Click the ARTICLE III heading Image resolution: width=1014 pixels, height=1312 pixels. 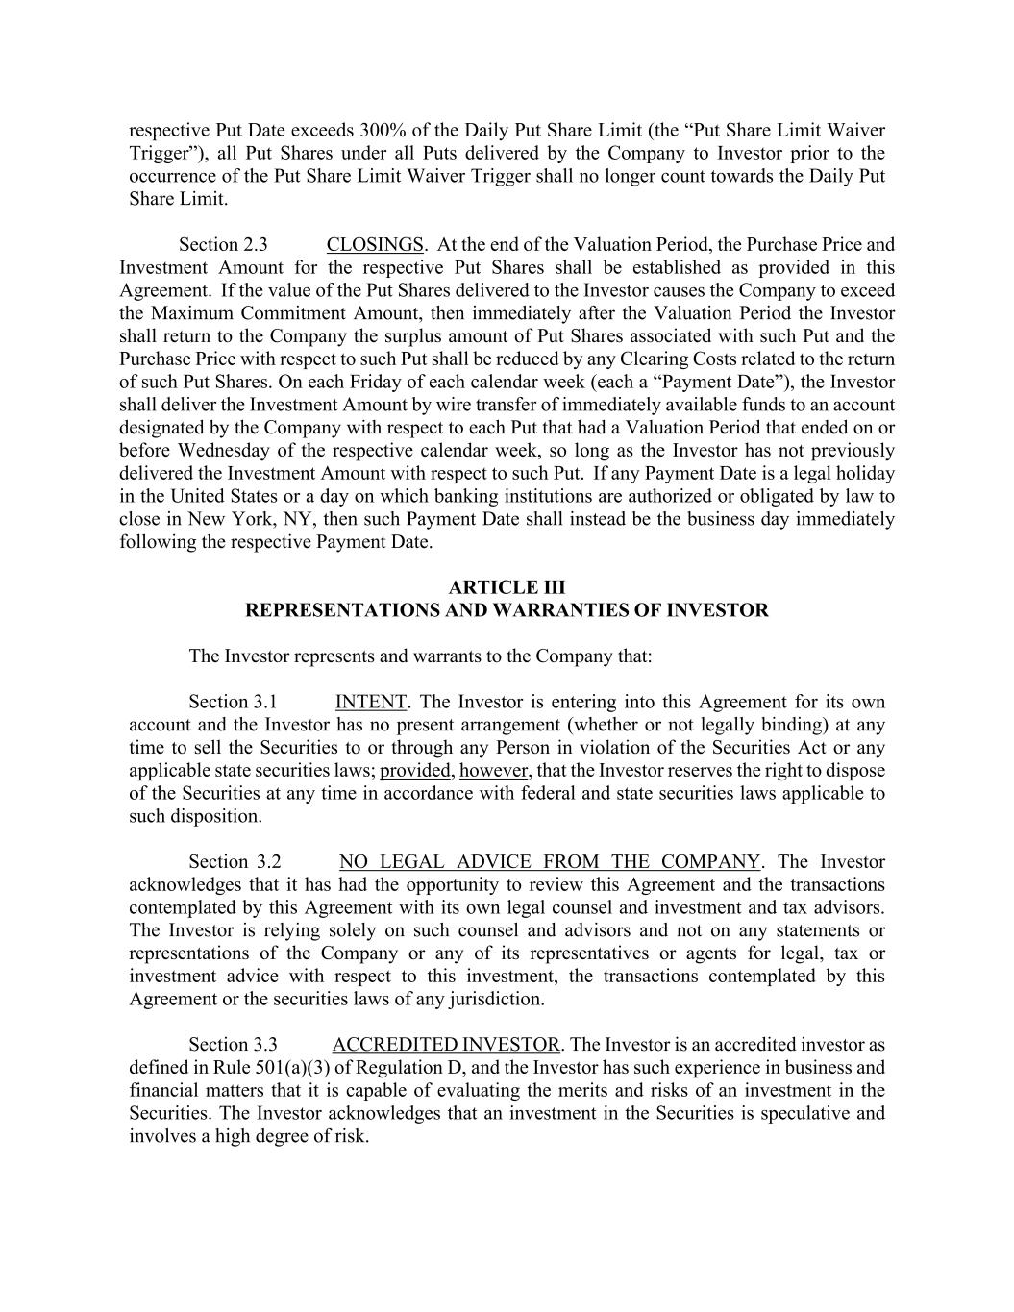[507, 587]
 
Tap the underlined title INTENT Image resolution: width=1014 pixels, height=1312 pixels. [371, 702]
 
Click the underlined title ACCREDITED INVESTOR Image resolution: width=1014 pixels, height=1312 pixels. [446, 1045]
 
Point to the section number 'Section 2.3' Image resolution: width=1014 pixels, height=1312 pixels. [223, 245]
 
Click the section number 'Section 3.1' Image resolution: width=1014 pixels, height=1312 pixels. [233, 702]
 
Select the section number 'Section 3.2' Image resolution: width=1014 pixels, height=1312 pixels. [235, 862]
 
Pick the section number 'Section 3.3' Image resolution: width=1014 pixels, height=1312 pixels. [233, 1045]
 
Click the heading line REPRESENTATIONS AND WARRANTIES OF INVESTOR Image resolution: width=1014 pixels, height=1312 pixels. [507, 610]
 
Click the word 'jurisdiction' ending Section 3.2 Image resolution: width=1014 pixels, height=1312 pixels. [494, 1000]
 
